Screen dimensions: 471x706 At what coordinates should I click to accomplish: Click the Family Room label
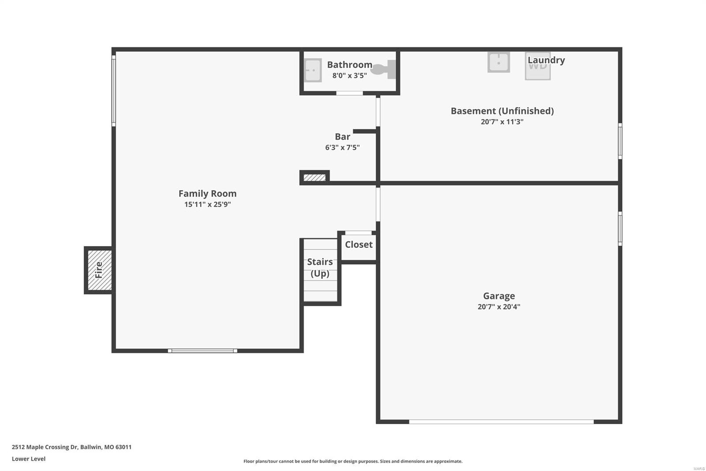(207, 194)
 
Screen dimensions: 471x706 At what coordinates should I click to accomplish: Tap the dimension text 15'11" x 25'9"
(207, 204)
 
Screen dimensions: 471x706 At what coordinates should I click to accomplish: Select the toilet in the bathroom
(383, 69)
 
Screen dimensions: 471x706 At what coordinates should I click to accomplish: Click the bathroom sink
(313, 70)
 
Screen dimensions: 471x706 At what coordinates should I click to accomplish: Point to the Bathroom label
(349, 65)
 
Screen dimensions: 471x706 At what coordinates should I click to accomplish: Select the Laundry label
(546, 60)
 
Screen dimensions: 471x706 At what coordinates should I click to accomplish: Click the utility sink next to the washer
(499, 62)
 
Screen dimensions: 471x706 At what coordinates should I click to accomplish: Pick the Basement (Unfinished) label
(502, 111)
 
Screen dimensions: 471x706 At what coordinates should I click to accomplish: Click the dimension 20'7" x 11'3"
(502, 122)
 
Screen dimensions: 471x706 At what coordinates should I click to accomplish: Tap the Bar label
(342, 137)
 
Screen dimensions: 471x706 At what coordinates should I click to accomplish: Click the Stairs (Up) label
(320, 267)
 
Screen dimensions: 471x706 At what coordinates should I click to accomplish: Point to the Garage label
(499, 296)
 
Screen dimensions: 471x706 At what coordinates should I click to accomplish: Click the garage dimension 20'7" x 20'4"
(499, 307)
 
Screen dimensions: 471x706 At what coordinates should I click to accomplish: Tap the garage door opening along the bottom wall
(501, 422)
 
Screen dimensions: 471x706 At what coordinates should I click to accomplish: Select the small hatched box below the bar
(315, 178)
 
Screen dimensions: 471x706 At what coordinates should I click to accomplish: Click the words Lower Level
(29, 459)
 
